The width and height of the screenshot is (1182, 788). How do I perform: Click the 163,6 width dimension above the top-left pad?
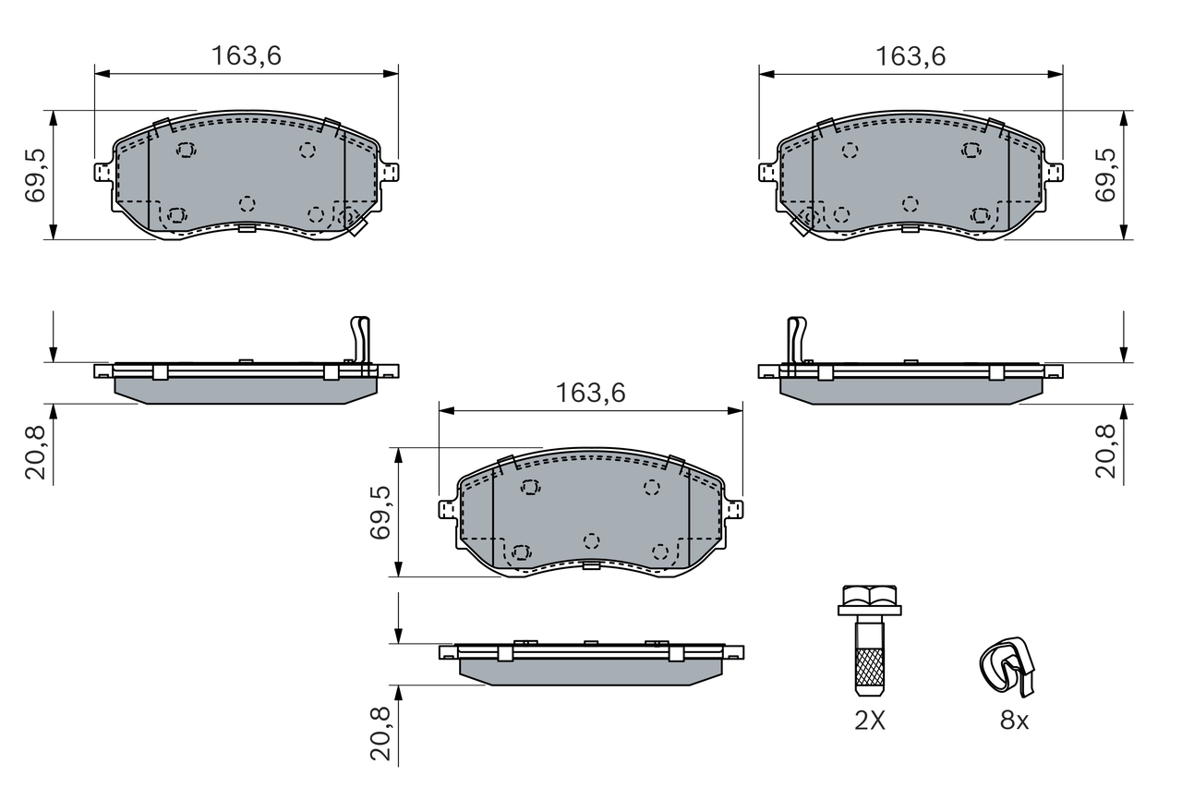point(246,56)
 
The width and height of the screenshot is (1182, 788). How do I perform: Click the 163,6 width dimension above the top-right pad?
point(911,56)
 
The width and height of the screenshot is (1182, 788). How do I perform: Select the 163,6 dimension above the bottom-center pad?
point(591,393)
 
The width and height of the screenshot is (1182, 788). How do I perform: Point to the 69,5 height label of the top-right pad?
point(1104,175)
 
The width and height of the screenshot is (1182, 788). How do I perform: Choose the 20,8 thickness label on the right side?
point(1104,452)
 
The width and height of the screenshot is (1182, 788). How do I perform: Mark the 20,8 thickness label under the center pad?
point(380,733)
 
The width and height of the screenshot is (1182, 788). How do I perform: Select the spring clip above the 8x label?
point(1007,665)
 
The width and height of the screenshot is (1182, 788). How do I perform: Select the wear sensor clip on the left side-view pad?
point(361,339)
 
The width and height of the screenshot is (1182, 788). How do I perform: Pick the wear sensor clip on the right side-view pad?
point(795,339)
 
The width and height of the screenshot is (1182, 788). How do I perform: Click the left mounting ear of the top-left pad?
point(103,172)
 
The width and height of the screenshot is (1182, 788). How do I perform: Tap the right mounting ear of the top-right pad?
point(1055,172)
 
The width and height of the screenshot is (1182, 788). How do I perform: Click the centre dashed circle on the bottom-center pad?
point(592,539)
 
